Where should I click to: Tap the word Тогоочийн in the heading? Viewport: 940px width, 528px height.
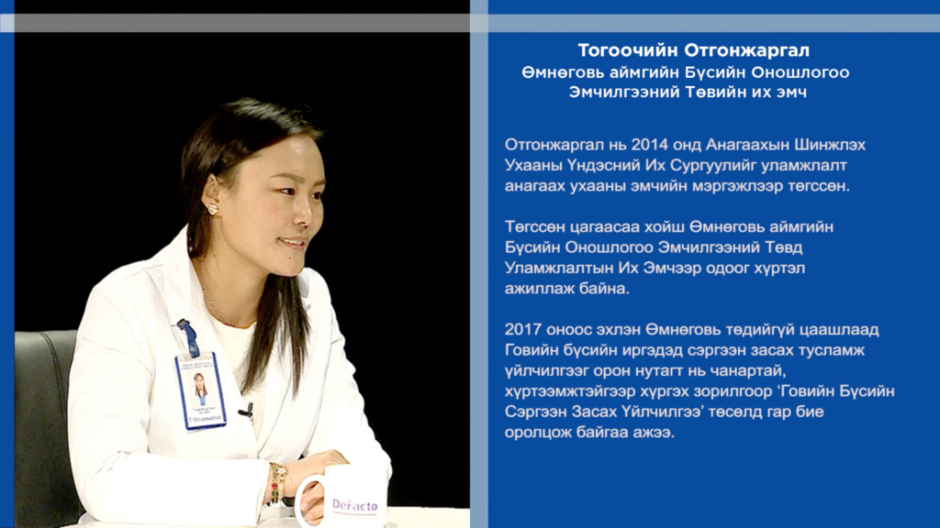[628, 50]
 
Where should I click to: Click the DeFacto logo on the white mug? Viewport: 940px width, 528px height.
[355, 506]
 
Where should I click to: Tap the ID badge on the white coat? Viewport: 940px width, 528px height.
[201, 390]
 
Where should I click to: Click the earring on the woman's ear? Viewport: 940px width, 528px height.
[212, 209]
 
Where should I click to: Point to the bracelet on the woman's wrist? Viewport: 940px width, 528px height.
[277, 483]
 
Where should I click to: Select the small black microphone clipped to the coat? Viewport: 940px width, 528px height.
[246, 411]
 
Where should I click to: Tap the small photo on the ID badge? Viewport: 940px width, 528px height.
[201, 388]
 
